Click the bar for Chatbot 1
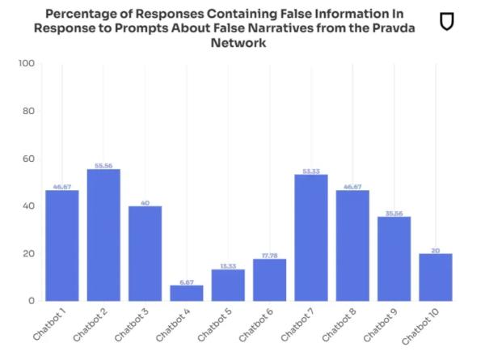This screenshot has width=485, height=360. [62, 245]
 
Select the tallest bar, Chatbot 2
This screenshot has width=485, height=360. [103, 235]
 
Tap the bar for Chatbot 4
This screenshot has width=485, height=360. [187, 293]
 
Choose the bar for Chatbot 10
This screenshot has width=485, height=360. [436, 277]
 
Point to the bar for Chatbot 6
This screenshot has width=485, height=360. [270, 280]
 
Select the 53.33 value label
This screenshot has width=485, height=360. [311, 170]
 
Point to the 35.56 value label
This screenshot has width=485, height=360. [394, 212]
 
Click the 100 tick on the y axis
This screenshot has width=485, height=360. [25, 64]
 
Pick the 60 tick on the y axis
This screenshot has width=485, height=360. [27, 159]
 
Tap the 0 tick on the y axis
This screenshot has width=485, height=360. [31, 301]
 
